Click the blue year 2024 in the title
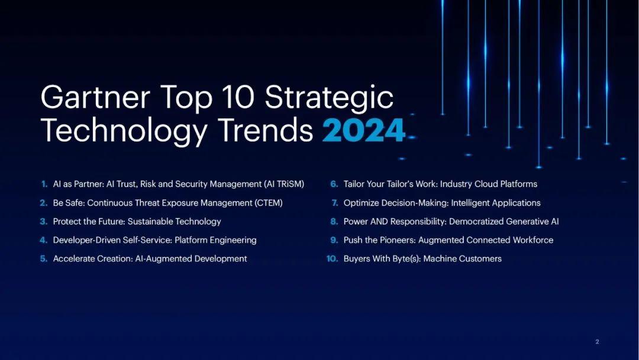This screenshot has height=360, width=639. point(363,130)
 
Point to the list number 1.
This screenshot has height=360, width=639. point(44,184)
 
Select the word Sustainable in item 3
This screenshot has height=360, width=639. point(151,221)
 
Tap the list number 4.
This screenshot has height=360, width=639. point(44,240)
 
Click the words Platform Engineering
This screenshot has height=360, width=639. point(215,240)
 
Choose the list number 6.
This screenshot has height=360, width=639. point(334,184)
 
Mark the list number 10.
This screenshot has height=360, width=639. point(332,259)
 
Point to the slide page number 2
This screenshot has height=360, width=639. point(597,342)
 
